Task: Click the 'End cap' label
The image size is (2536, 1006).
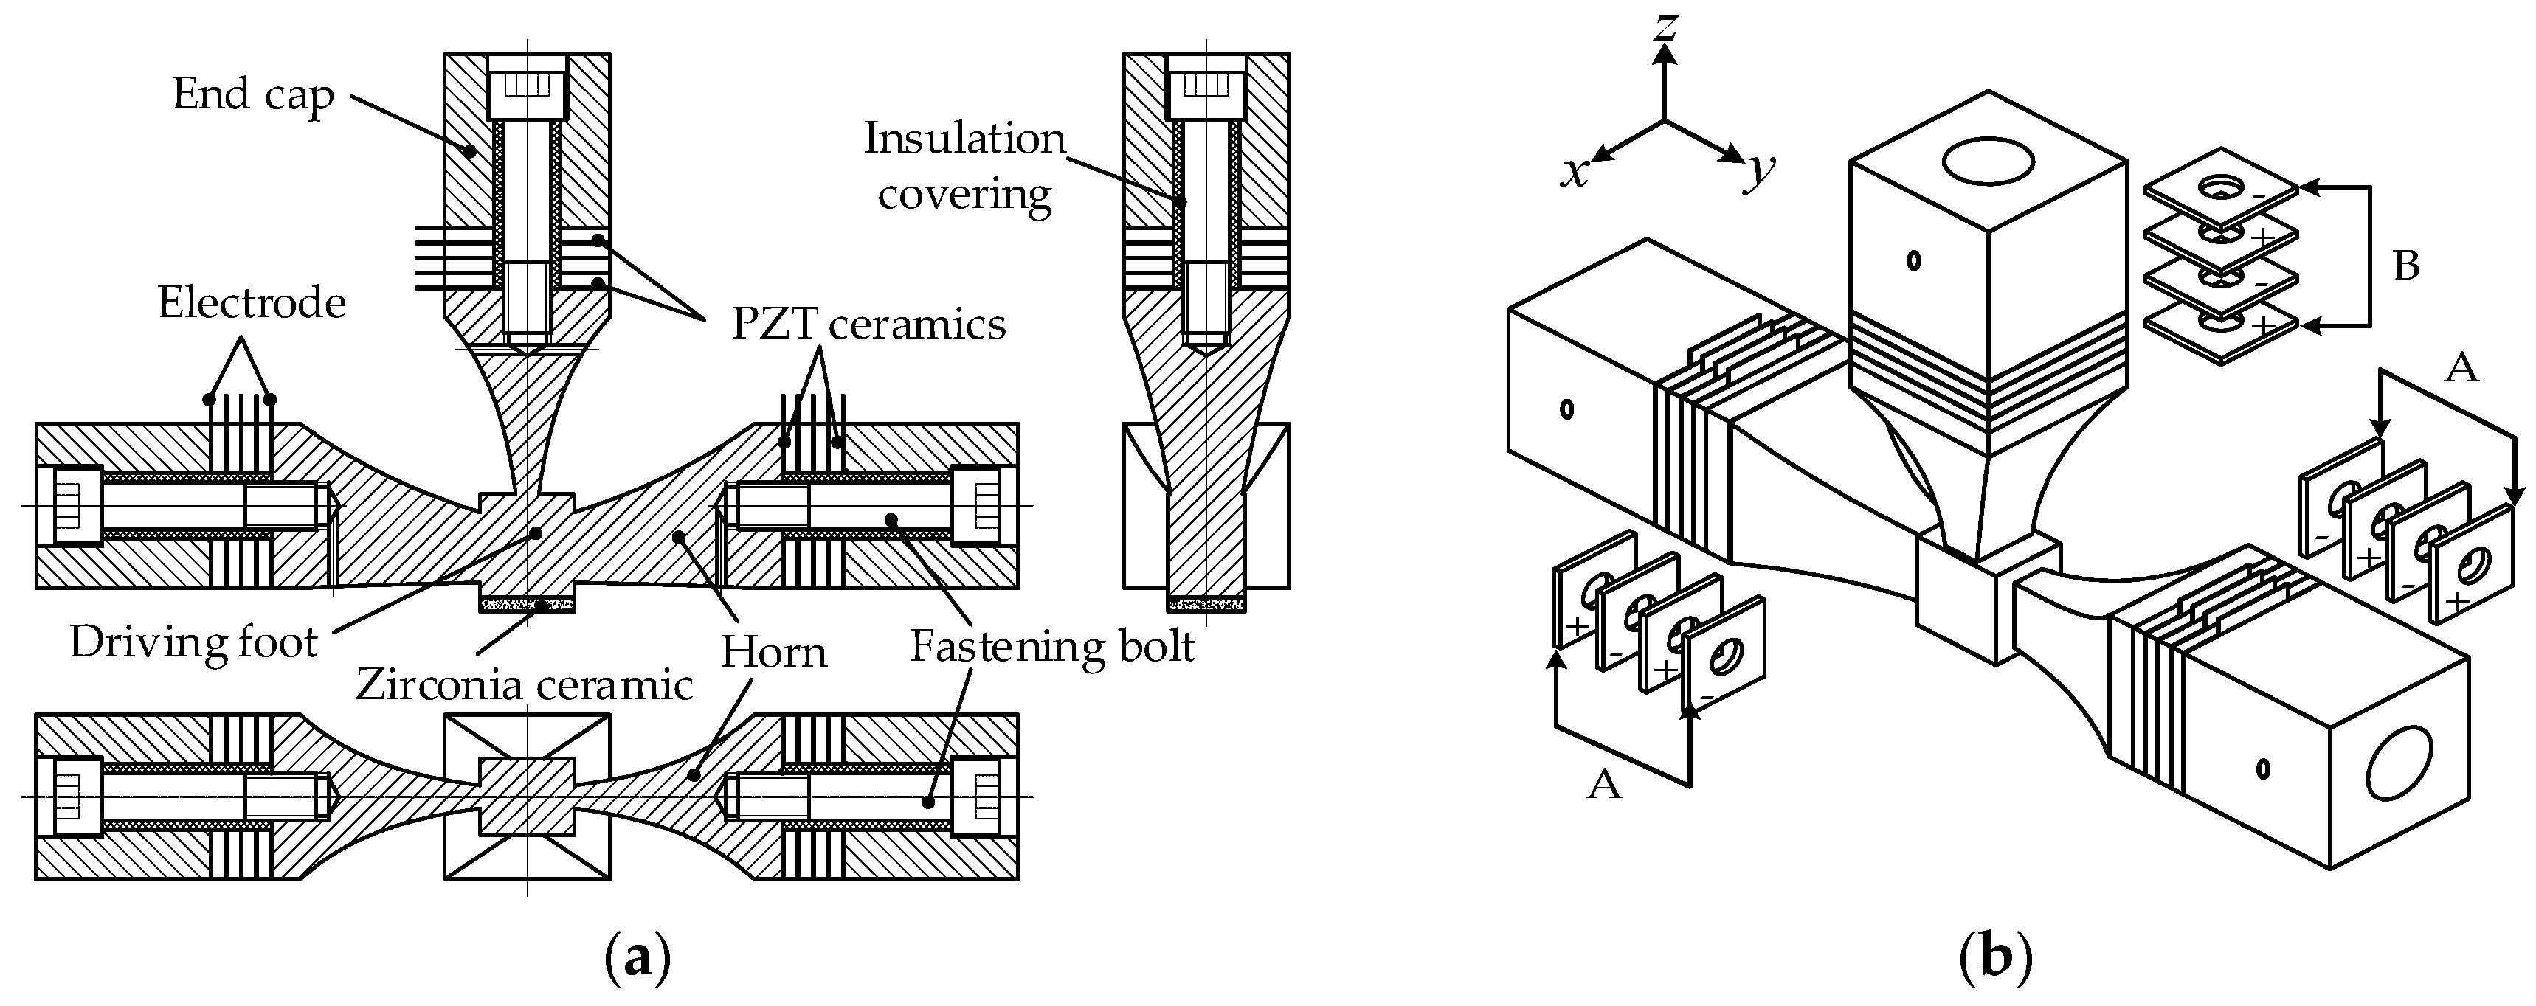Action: point(253,95)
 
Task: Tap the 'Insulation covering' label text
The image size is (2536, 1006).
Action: point(965,167)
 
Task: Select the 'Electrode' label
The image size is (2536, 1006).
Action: point(252,302)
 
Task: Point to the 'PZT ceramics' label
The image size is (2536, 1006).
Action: point(868,324)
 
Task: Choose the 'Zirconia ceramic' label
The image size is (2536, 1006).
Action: point(524,684)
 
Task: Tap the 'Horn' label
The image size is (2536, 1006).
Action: point(774,653)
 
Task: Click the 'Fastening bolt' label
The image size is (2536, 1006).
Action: point(1051,647)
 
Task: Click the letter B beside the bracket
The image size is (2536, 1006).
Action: point(2406,266)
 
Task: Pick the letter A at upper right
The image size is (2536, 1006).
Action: point(2461,368)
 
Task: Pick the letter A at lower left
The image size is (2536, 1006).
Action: point(1605,785)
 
